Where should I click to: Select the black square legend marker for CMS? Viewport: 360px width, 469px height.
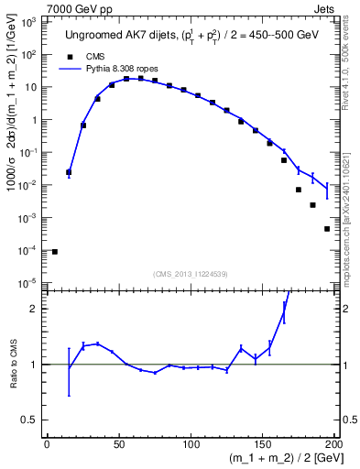[66, 56]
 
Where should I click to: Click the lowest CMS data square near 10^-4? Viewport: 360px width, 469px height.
[55, 251]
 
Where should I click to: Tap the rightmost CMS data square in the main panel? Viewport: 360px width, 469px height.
[327, 229]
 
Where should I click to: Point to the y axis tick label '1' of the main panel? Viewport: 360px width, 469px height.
[34, 120]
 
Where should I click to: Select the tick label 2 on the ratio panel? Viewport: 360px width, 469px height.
[35, 309]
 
